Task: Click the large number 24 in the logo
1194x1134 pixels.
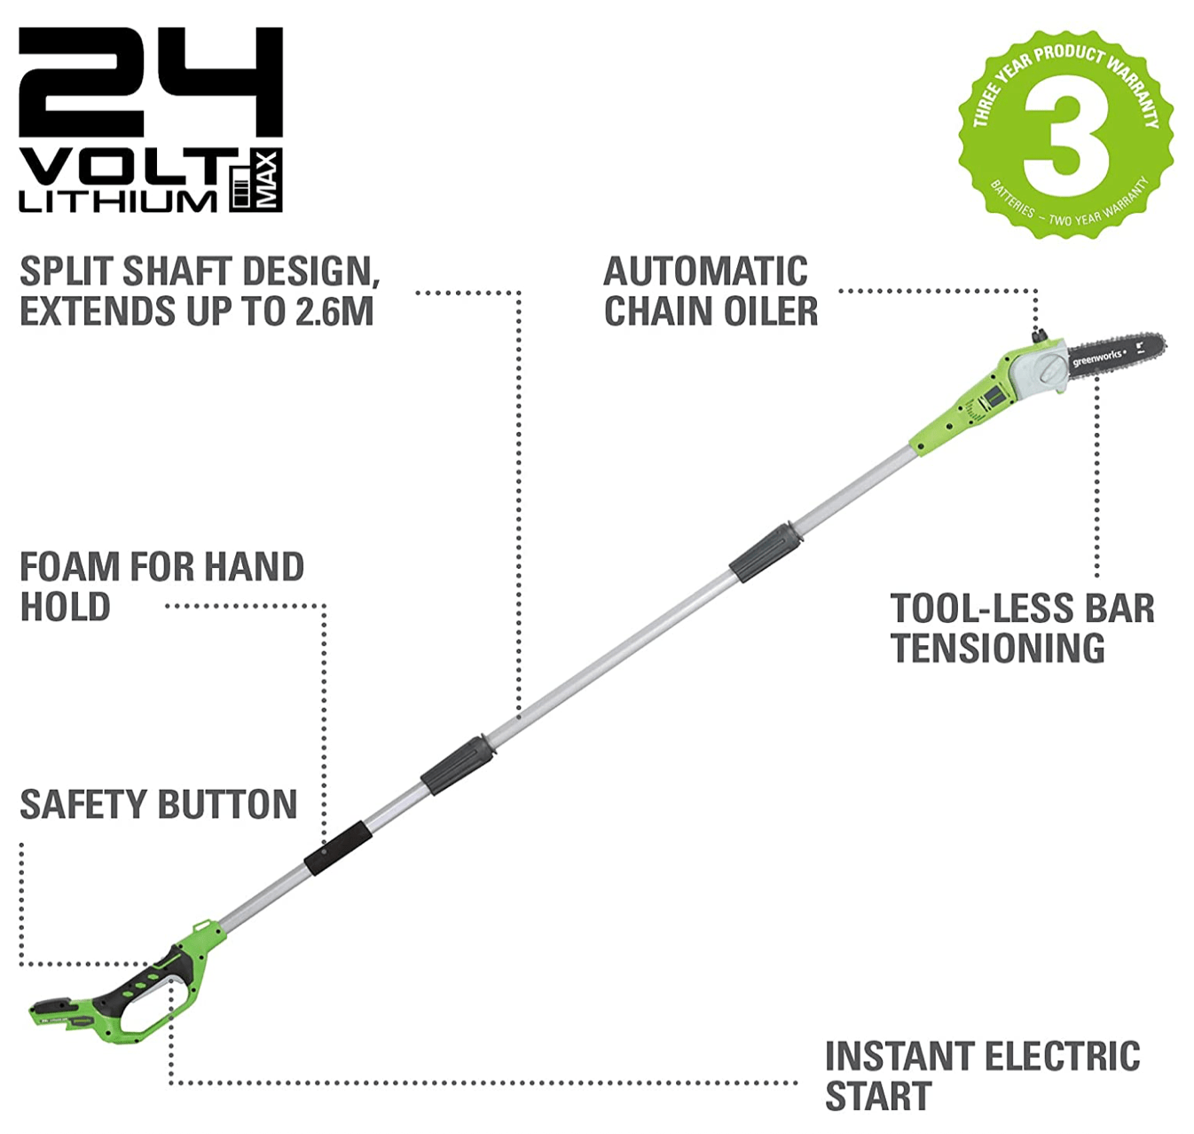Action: coord(150,82)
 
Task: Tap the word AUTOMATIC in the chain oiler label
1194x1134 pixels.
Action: coord(705,272)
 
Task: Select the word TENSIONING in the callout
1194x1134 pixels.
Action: coord(998,648)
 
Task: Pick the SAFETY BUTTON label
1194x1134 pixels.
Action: coord(159,805)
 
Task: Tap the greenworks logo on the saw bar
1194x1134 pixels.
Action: coord(1098,357)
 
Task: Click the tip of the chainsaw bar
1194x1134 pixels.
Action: coord(1161,343)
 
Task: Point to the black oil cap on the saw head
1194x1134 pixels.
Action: coord(1038,337)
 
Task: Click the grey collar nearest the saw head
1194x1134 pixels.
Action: coord(766,553)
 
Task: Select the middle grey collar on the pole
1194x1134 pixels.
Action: coord(458,763)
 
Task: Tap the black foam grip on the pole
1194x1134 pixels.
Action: coord(338,848)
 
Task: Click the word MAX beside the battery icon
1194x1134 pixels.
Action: coord(269,180)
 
